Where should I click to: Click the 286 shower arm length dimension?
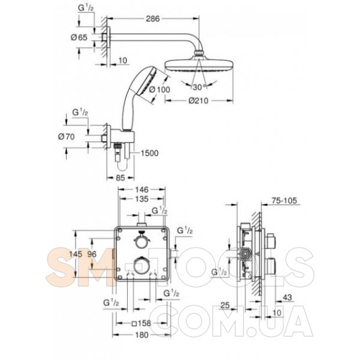152,19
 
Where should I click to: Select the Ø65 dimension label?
79,37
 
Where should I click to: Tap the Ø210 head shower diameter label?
199,101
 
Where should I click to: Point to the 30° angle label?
200,87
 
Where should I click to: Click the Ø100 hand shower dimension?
160,89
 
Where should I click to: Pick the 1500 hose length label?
149,153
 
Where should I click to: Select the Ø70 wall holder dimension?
67,137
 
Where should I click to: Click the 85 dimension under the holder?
121,178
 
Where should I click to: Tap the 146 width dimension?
142,190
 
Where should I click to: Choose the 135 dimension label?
142,199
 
